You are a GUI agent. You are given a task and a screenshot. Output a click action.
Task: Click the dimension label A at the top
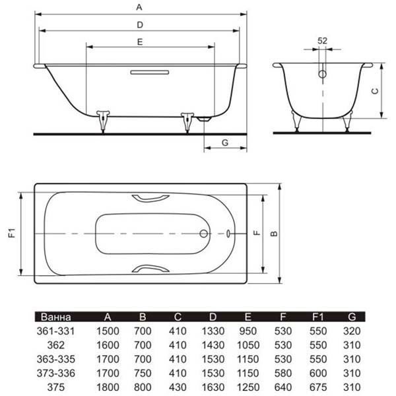(x=139, y=7)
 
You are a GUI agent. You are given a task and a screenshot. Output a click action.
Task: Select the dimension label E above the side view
(x=140, y=42)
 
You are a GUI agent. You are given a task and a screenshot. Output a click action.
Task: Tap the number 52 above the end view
(x=322, y=41)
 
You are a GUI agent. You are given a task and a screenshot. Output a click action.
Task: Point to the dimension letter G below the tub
(x=225, y=143)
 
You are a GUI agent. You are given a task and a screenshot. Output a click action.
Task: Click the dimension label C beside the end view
(x=376, y=91)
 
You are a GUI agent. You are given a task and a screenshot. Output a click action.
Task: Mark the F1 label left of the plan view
(x=12, y=232)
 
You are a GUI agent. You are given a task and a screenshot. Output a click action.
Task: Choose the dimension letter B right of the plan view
(x=274, y=234)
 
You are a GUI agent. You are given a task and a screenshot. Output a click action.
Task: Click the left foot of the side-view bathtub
(x=103, y=121)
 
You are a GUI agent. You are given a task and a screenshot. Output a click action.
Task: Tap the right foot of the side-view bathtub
(x=187, y=121)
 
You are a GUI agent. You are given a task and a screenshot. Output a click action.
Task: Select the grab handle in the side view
(x=150, y=73)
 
